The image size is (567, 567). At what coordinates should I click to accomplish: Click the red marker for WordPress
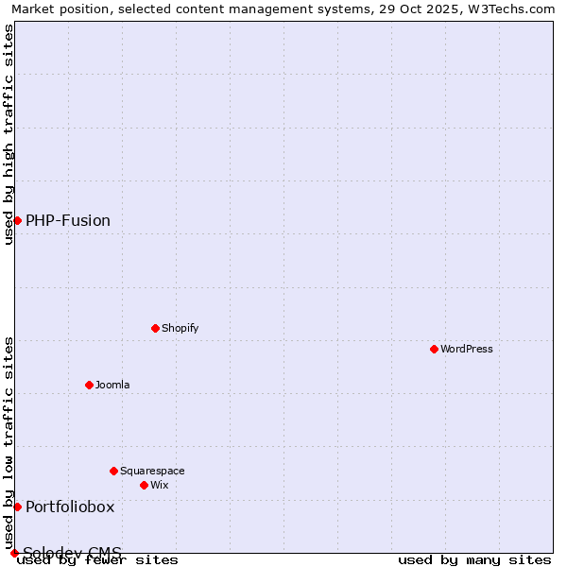(434, 349)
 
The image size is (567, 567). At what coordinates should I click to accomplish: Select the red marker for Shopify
(155, 328)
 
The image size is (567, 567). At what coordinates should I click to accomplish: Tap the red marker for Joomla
(89, 385)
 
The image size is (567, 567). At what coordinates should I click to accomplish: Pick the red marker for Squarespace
(113, 471)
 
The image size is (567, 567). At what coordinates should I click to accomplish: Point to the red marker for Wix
(144, 485)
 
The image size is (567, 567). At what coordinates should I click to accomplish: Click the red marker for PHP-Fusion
(17, 220)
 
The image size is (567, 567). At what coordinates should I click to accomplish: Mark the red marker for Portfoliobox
(17, 507)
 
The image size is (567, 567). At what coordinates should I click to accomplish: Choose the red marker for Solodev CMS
(14, 553)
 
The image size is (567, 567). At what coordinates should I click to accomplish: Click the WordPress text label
(467, 349)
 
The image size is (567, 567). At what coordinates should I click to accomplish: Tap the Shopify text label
(180, 328)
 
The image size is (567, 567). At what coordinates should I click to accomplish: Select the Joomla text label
(112, 385)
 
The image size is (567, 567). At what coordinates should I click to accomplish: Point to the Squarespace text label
(152, 471)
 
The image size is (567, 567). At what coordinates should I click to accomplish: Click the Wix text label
(159, 485)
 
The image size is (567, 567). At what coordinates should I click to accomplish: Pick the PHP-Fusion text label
(68, 220)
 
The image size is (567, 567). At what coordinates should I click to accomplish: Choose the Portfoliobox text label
(70, 507)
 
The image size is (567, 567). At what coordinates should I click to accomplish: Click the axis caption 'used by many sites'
(474, 559)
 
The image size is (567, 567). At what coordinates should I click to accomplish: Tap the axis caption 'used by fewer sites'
(97, 559)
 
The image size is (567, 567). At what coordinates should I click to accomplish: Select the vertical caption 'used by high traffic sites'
(9, 134)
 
